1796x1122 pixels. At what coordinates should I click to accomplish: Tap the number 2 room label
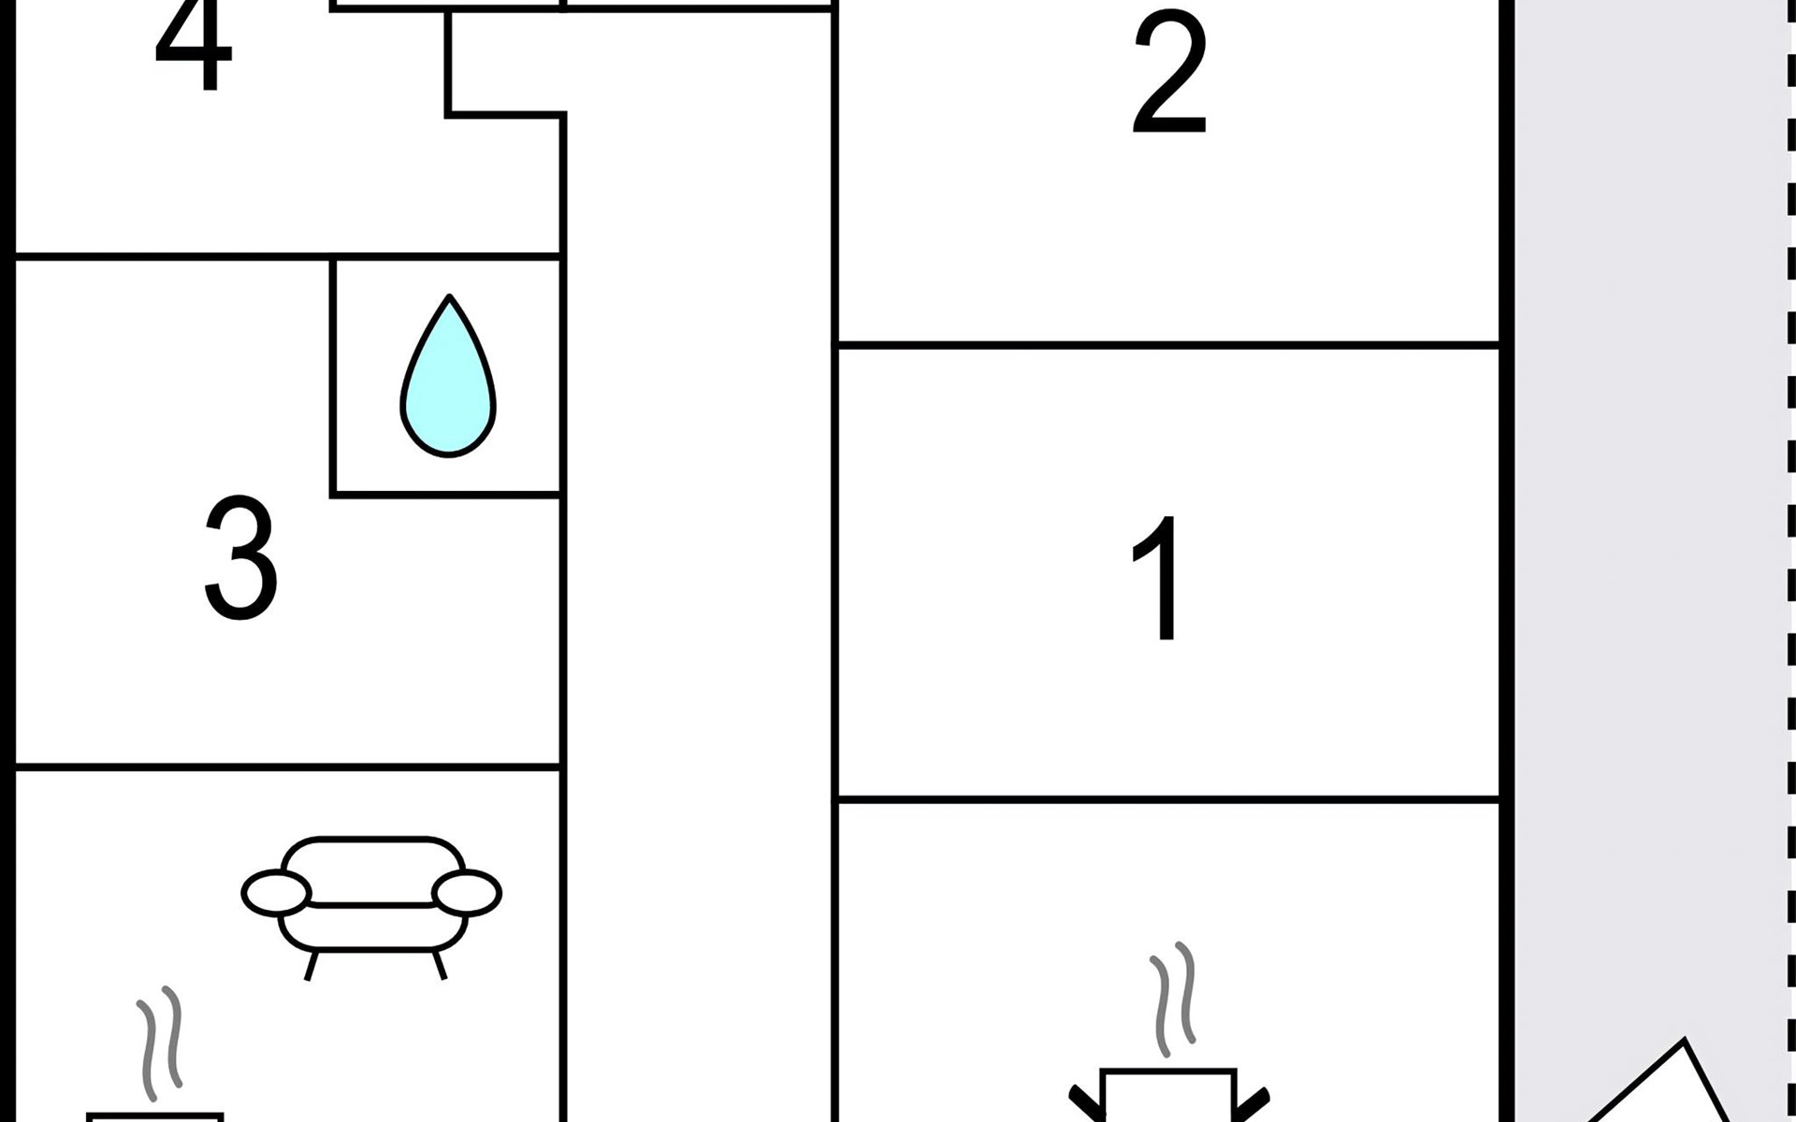click(1168, 75)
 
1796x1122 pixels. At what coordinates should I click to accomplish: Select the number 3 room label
click(240, 558)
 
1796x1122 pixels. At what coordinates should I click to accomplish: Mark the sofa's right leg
click(439, 965)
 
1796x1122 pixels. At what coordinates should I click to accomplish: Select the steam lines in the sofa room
click(159, 1043)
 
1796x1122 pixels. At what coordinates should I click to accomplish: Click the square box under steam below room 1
click(1169, 1099)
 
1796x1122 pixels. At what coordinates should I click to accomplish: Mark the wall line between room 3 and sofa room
click(288, 767)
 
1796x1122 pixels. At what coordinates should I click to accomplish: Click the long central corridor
click(698, 561)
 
